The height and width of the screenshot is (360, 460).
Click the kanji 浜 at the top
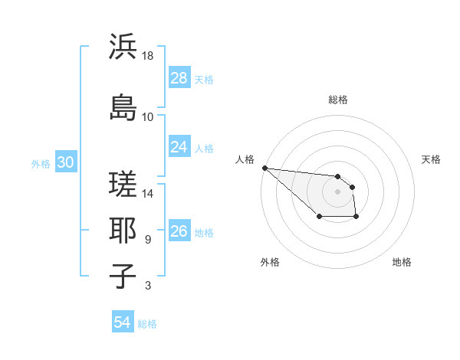[123, 47]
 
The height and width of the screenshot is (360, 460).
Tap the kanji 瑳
[123, 183]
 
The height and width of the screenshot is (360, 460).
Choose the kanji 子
[123, 276]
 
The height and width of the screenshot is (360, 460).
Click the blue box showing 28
[179, 77]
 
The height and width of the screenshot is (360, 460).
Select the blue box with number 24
[179, 146]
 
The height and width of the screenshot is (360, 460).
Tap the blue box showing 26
[179, 231]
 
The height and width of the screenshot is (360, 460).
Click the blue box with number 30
[65, 162]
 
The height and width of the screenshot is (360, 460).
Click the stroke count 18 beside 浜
[148, 56]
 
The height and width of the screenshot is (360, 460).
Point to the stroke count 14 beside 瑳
[148, 194]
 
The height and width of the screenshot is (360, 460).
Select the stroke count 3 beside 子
[148, 286]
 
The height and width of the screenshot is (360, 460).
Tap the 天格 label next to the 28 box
[204, 79]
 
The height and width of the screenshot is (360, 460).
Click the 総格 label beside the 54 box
[147, 324]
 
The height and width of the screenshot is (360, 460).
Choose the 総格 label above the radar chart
[338, 100]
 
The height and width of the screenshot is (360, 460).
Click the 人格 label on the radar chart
[245, 159]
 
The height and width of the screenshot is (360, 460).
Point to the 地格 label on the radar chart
[402, 262]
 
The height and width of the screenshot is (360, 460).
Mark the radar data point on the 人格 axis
[264, 168]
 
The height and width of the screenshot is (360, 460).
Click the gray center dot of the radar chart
[338, 191]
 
